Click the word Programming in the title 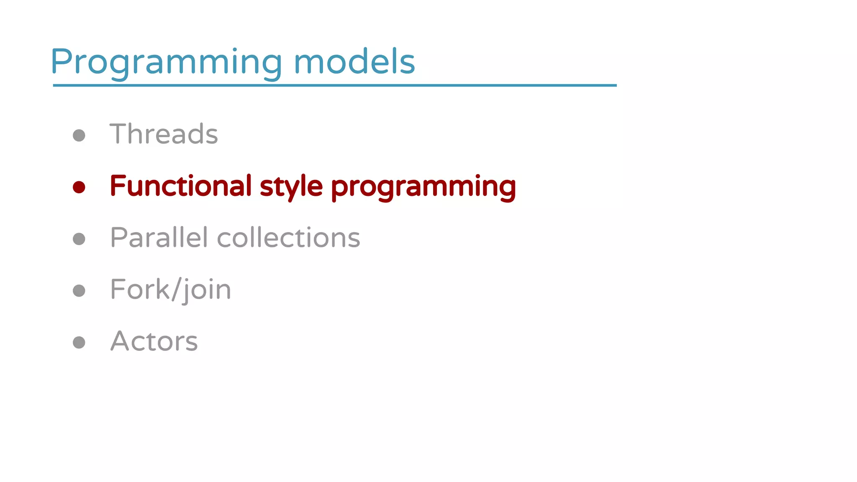pos(166,63)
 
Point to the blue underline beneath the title pos(335,85)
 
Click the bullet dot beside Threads pos(79,135)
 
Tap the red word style pos(291,187)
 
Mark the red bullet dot pos(79,187)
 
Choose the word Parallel pos(159,238)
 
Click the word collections pos(288,238)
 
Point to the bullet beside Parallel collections pos(79,239)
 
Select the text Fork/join pos(170,290)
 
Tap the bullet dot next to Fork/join pos(79,290)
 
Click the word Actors pos(154,341)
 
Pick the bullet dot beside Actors pos(79,342)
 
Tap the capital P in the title pos(62,62)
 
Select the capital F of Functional pos(117,186)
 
